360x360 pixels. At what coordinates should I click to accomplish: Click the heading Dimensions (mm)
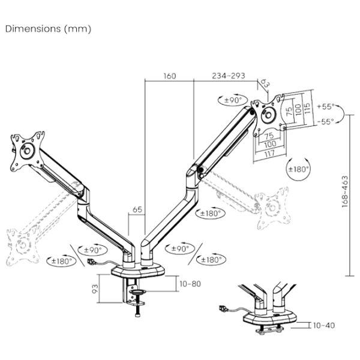click(x=48, y=29)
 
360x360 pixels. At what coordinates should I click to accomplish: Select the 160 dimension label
click(x=169, y=77)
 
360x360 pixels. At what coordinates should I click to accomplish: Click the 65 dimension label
click(x=136, y=211)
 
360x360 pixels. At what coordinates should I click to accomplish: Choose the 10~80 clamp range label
click(x=190, y=283)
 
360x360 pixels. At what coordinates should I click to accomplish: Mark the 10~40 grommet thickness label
click(x=323, y=325)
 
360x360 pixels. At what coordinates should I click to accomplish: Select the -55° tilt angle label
click(x=324, y=122)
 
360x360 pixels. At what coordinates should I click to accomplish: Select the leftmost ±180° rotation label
click(x=59, y=260)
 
